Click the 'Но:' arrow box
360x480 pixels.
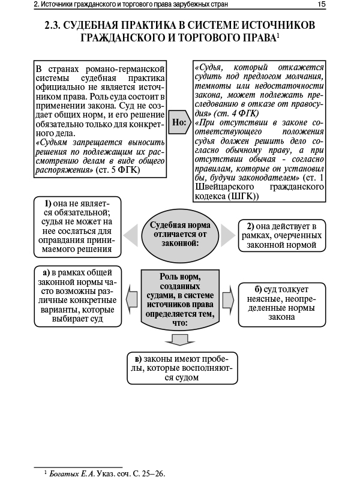pos(180,122)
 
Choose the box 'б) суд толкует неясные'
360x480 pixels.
pos(281,304)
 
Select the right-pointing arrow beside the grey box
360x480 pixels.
pos(227,298)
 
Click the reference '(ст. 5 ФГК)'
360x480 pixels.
pos(118,170)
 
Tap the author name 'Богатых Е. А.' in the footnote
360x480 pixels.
pos(71,473)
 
